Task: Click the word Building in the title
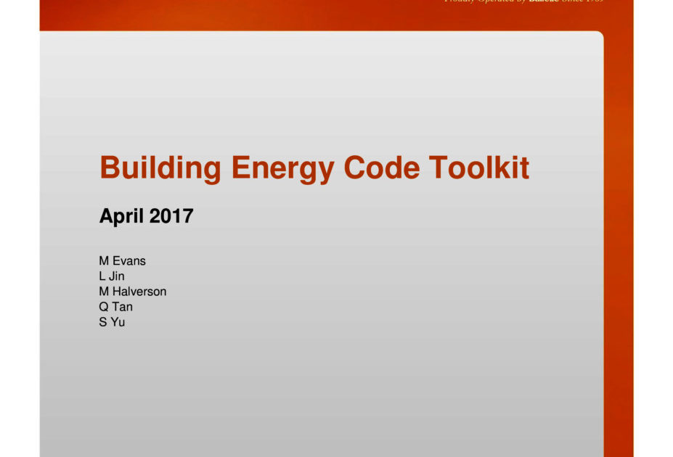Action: [160, 168]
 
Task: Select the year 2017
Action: [171, 215]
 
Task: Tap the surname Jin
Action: [117, 276]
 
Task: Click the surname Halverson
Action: [139, 292]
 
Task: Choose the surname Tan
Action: [123, 307]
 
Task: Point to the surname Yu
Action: [118, 322]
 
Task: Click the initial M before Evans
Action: [104, 261]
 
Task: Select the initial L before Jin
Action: [102, 276]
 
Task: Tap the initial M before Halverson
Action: [104, 292]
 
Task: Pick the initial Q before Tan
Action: [104, 307]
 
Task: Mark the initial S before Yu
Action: [103, 322]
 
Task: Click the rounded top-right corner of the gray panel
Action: [599, 36]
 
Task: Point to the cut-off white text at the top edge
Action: [523, 2]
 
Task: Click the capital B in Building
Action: [109, 168]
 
